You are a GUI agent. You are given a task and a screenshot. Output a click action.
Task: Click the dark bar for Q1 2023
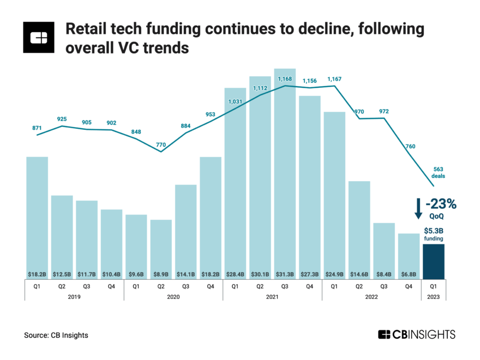(434, 261)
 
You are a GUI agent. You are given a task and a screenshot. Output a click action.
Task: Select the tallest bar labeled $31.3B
(285, 175)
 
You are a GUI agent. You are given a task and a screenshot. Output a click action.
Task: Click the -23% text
(441, 204)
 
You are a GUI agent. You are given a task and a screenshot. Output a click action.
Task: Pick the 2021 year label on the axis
(273, 297)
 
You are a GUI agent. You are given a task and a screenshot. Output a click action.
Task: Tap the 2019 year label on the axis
(74, 297)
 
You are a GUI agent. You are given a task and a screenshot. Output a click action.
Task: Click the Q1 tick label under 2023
(434, 286)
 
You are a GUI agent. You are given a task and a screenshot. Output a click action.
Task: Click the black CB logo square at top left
(39, 38)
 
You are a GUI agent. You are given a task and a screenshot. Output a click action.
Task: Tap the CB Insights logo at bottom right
(416, 334)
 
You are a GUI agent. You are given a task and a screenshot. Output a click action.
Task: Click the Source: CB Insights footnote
(56, 335)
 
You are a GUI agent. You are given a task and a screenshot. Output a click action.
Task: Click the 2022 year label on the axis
(371, 297)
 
